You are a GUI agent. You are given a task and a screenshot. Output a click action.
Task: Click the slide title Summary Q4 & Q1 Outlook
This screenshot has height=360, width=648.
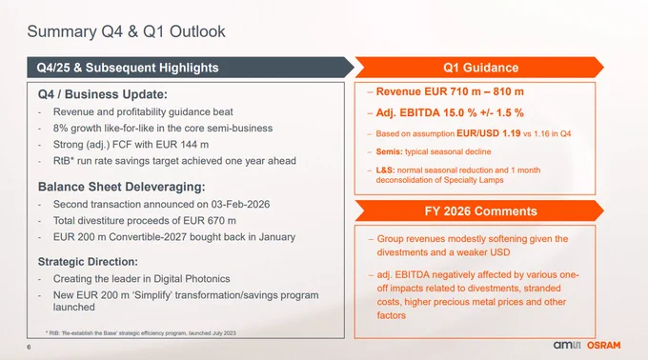[126, 31]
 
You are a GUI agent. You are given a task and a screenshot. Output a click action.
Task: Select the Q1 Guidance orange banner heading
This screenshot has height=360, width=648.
[480, 68]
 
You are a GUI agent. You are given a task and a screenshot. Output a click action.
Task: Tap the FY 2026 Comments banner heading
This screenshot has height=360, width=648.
[480, 211]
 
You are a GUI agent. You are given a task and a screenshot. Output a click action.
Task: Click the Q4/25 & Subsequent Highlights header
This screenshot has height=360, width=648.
[128, 68]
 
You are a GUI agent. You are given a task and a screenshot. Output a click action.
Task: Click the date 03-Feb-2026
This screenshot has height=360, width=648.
[240, 205]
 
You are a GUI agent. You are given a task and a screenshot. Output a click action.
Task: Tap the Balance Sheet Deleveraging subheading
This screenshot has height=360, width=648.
[122, 187]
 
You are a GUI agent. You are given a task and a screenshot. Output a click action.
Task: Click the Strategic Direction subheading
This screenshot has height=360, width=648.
[88, 262]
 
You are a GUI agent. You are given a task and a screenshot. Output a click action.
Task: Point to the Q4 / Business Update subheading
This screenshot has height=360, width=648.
[103, 94]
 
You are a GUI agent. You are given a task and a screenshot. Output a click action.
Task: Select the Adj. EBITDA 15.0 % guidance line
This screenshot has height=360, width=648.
[450, 112]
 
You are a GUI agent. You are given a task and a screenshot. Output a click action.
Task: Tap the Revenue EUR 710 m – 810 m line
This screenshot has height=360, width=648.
[450, 91]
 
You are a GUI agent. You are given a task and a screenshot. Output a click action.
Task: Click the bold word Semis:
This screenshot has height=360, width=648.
[389, 151]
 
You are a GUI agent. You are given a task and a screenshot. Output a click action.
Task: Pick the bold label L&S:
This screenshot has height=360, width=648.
[385, 170]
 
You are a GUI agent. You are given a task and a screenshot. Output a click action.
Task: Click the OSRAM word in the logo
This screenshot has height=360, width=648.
[604, 346]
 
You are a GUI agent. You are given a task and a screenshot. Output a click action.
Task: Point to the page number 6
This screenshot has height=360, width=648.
[29, 348]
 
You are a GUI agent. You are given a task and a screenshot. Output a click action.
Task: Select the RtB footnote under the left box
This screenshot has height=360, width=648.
[140, 332]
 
